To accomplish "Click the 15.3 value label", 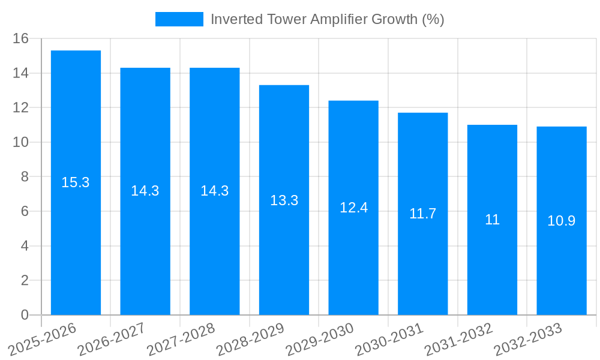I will [76, 182].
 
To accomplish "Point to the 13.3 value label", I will [284, 200].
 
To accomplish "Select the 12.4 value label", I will [353, 208].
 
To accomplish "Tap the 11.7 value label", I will [422, 214].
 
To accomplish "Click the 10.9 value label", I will [561, 221].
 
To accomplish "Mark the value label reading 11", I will [492, 220].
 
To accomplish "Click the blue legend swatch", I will [179, 19].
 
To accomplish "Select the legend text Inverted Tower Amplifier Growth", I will [327, 19].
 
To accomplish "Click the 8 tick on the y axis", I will [25, 177].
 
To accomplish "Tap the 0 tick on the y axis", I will [25, 315].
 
